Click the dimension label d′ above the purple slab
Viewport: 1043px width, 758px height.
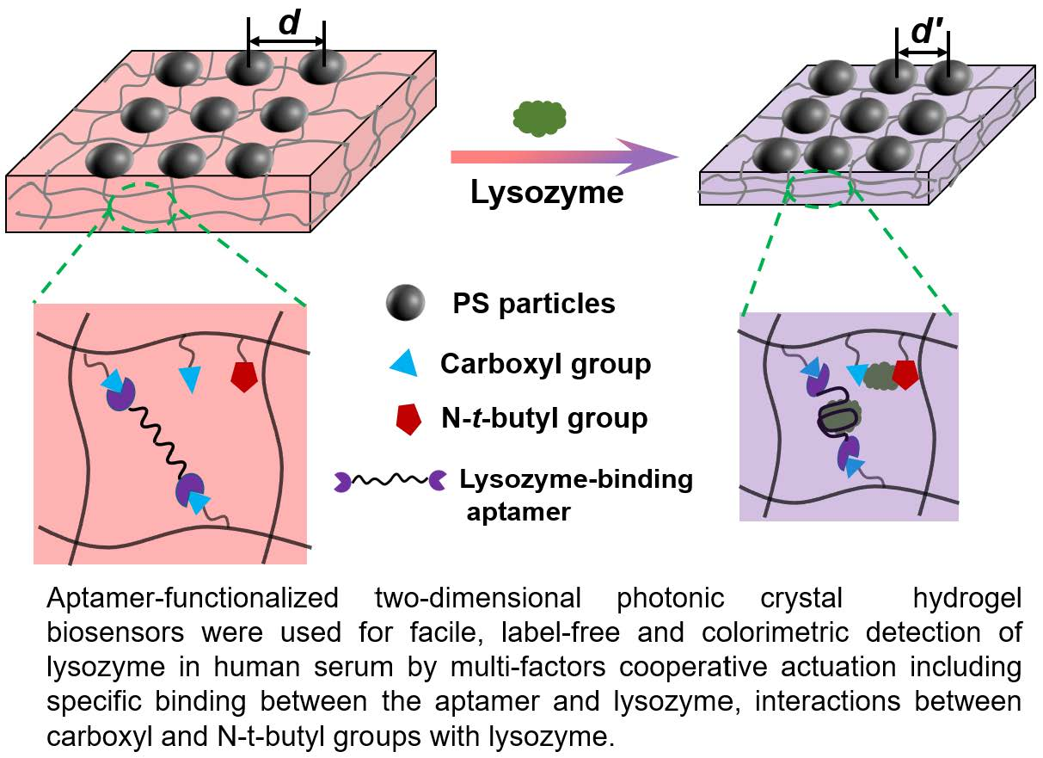click(x=923, y=35)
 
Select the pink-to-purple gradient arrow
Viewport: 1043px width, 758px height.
click(x=563, y=157)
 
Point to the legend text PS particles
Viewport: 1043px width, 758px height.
click(x=534, y=304)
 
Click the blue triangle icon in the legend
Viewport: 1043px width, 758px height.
click(x=405, y=365)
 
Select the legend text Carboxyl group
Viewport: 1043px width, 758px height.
click(x=545, y=364)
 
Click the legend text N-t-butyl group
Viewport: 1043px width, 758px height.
click(x=543, y=419)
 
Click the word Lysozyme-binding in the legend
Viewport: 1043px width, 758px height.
click(x=576, y=478)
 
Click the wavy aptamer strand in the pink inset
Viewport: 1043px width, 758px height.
click(x=155, y=440)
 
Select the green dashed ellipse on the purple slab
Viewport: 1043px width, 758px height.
click(x=819, y=188)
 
